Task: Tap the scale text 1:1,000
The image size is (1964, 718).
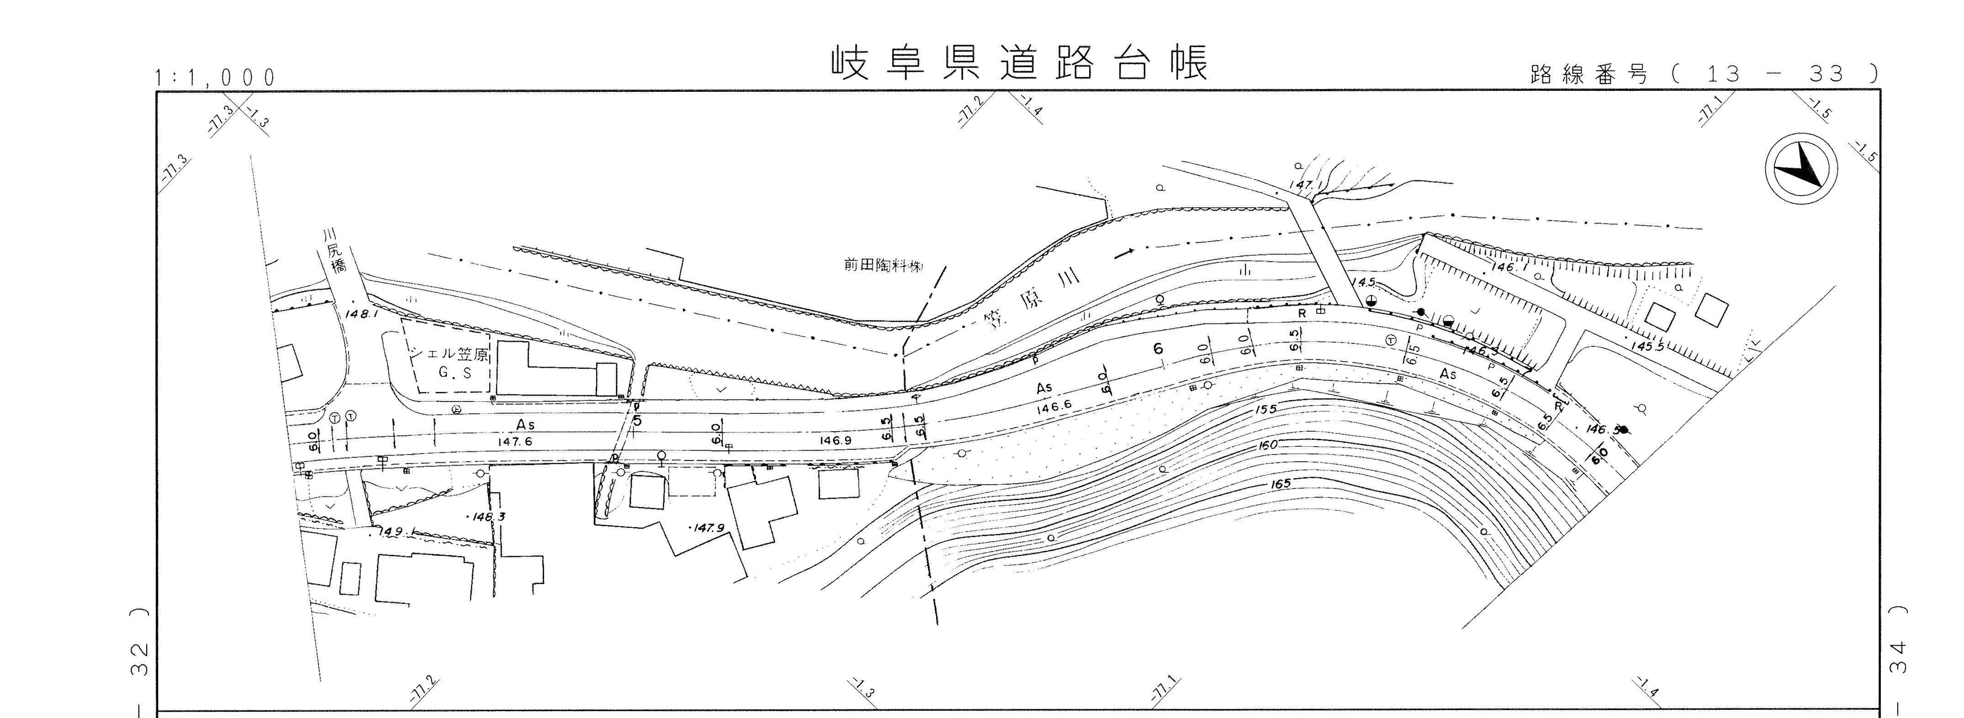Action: click(215, 78)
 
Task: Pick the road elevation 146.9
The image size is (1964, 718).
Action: click(836, 440)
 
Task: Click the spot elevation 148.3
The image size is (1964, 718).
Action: click(487, 517)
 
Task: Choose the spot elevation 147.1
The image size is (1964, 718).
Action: click(1301, 185)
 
